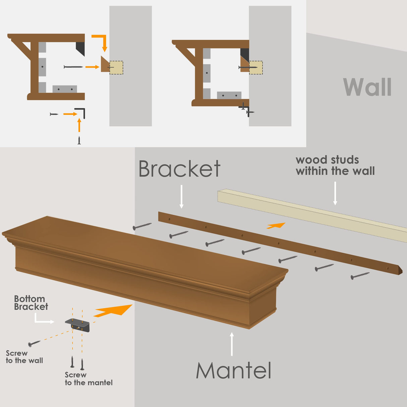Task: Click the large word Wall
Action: (x=367, y=87)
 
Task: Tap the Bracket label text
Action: (x=179, y=169)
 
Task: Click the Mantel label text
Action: (x=234, y=371)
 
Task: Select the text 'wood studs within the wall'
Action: (x=335, y=165)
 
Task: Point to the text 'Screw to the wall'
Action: (x=24, y=357)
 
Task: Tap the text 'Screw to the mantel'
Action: (x=89, y=379)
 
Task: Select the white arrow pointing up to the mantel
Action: (x=232, y=344)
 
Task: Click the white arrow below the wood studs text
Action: (x=335, y=193)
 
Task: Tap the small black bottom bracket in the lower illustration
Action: (x=78, y=325)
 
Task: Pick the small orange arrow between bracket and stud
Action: (x=276, y=226)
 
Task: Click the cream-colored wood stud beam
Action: (x=312, y=215)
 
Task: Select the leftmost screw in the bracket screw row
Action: (x=142, y=226)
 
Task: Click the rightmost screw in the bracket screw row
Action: (x=360, y=276)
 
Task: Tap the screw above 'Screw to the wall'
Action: (x=34, y=343)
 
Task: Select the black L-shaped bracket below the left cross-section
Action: (x=81, y=113)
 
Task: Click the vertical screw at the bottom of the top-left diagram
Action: (x=79, y=140)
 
